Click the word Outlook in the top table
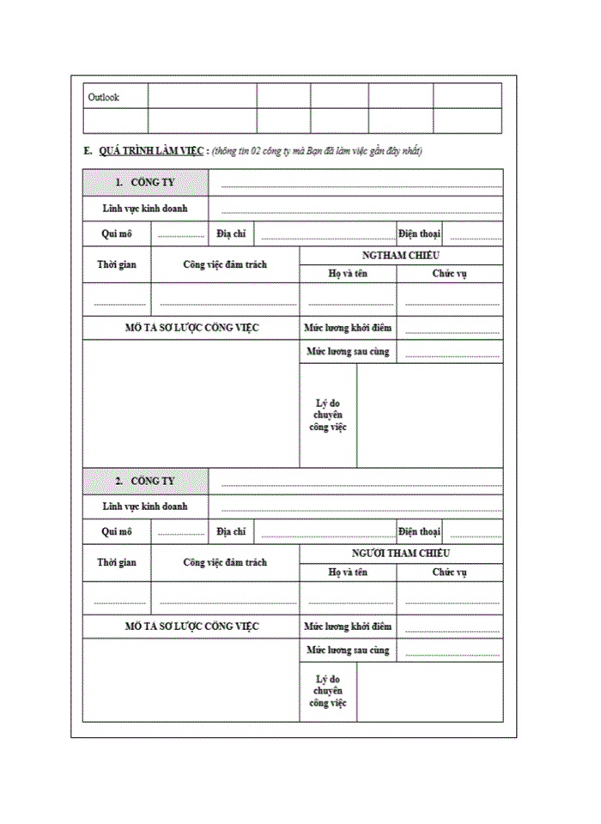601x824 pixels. tap(104, 97)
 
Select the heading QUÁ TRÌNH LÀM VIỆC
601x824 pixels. tap(151, 151)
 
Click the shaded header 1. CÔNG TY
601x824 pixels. tap(144, 182)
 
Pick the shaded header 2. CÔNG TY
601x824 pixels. tap(144, 481)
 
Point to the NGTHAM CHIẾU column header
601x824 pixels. tap(401, 256)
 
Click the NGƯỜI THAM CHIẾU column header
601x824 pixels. tap(401, 554)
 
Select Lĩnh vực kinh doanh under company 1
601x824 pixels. tap(144, 208)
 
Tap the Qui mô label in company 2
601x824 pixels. tap(117, 531)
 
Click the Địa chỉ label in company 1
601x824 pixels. tap(231, 233)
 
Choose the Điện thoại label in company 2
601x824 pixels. tap(419, 531)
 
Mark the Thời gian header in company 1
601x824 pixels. tap(117, 264)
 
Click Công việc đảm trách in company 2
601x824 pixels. tap(224, 562)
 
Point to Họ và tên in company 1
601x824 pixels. tap(348, 274)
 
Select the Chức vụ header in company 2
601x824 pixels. tap(449, 572)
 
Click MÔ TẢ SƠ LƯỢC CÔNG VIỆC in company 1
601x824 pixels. tap(191, 328)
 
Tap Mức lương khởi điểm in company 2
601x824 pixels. tap(348, 627)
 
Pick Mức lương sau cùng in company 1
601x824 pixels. tap(348, 351)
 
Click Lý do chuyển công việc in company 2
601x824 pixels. tap(328, 691)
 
